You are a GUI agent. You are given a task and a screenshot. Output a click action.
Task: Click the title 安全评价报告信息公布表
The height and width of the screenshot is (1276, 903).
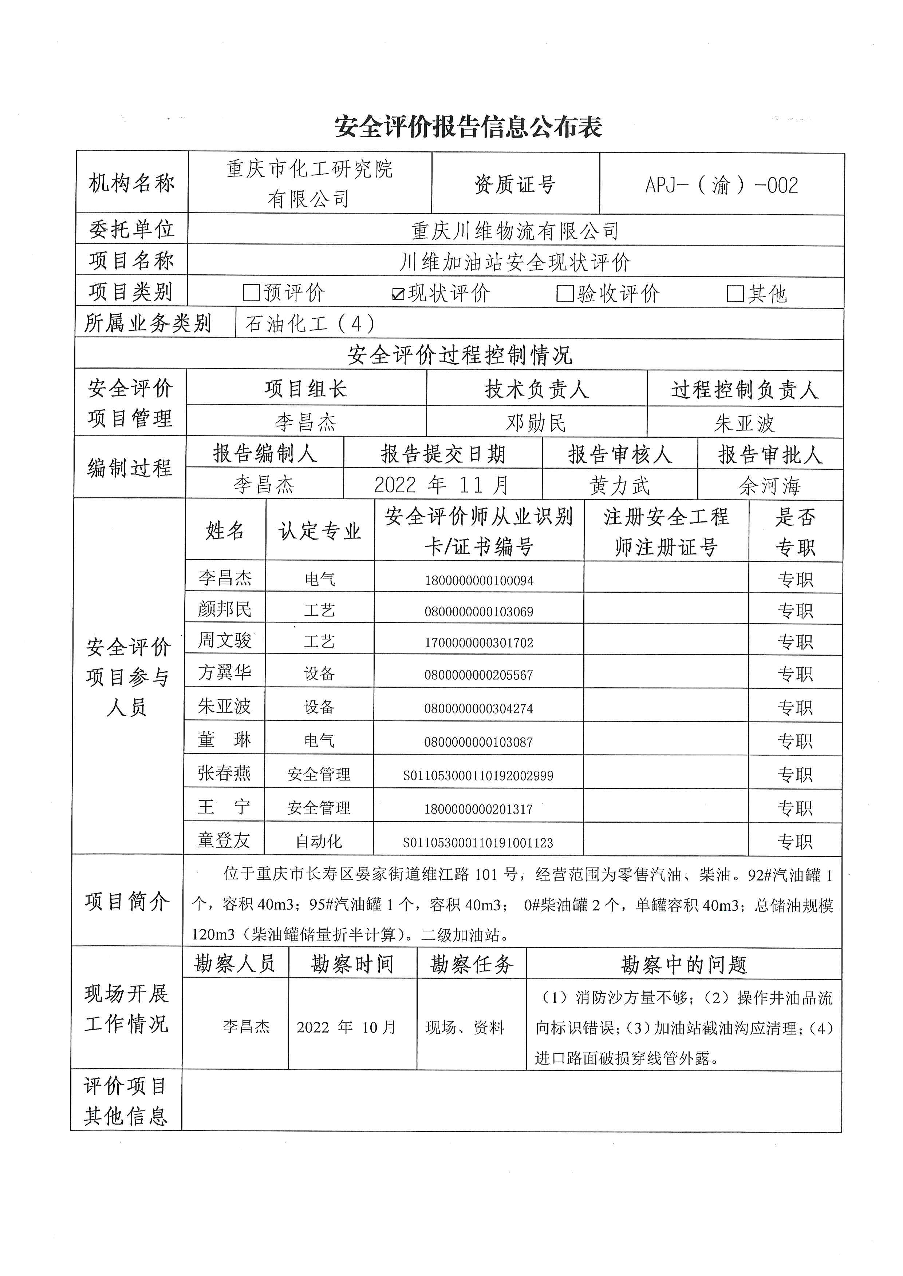(x=468, y=127)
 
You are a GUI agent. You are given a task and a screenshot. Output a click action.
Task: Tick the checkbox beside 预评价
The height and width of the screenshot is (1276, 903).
(x=251, y=293)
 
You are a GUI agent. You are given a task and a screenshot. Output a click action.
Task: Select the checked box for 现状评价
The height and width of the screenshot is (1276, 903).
(x=398, y=293)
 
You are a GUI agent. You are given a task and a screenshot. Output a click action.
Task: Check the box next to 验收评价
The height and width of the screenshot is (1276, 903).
(x=565, y=293)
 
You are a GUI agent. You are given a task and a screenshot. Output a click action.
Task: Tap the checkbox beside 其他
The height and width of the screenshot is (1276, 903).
(x=735, y=293)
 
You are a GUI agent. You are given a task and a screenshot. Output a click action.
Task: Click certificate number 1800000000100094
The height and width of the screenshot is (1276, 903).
(x=479, y=581)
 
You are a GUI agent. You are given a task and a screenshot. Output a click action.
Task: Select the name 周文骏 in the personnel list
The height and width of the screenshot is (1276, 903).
(x=225, y=640)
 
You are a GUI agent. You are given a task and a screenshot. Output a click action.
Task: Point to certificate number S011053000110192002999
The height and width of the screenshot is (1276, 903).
(x=478, y=776)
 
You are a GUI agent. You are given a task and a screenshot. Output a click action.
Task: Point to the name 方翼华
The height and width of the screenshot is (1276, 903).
(x=225, y=673)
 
